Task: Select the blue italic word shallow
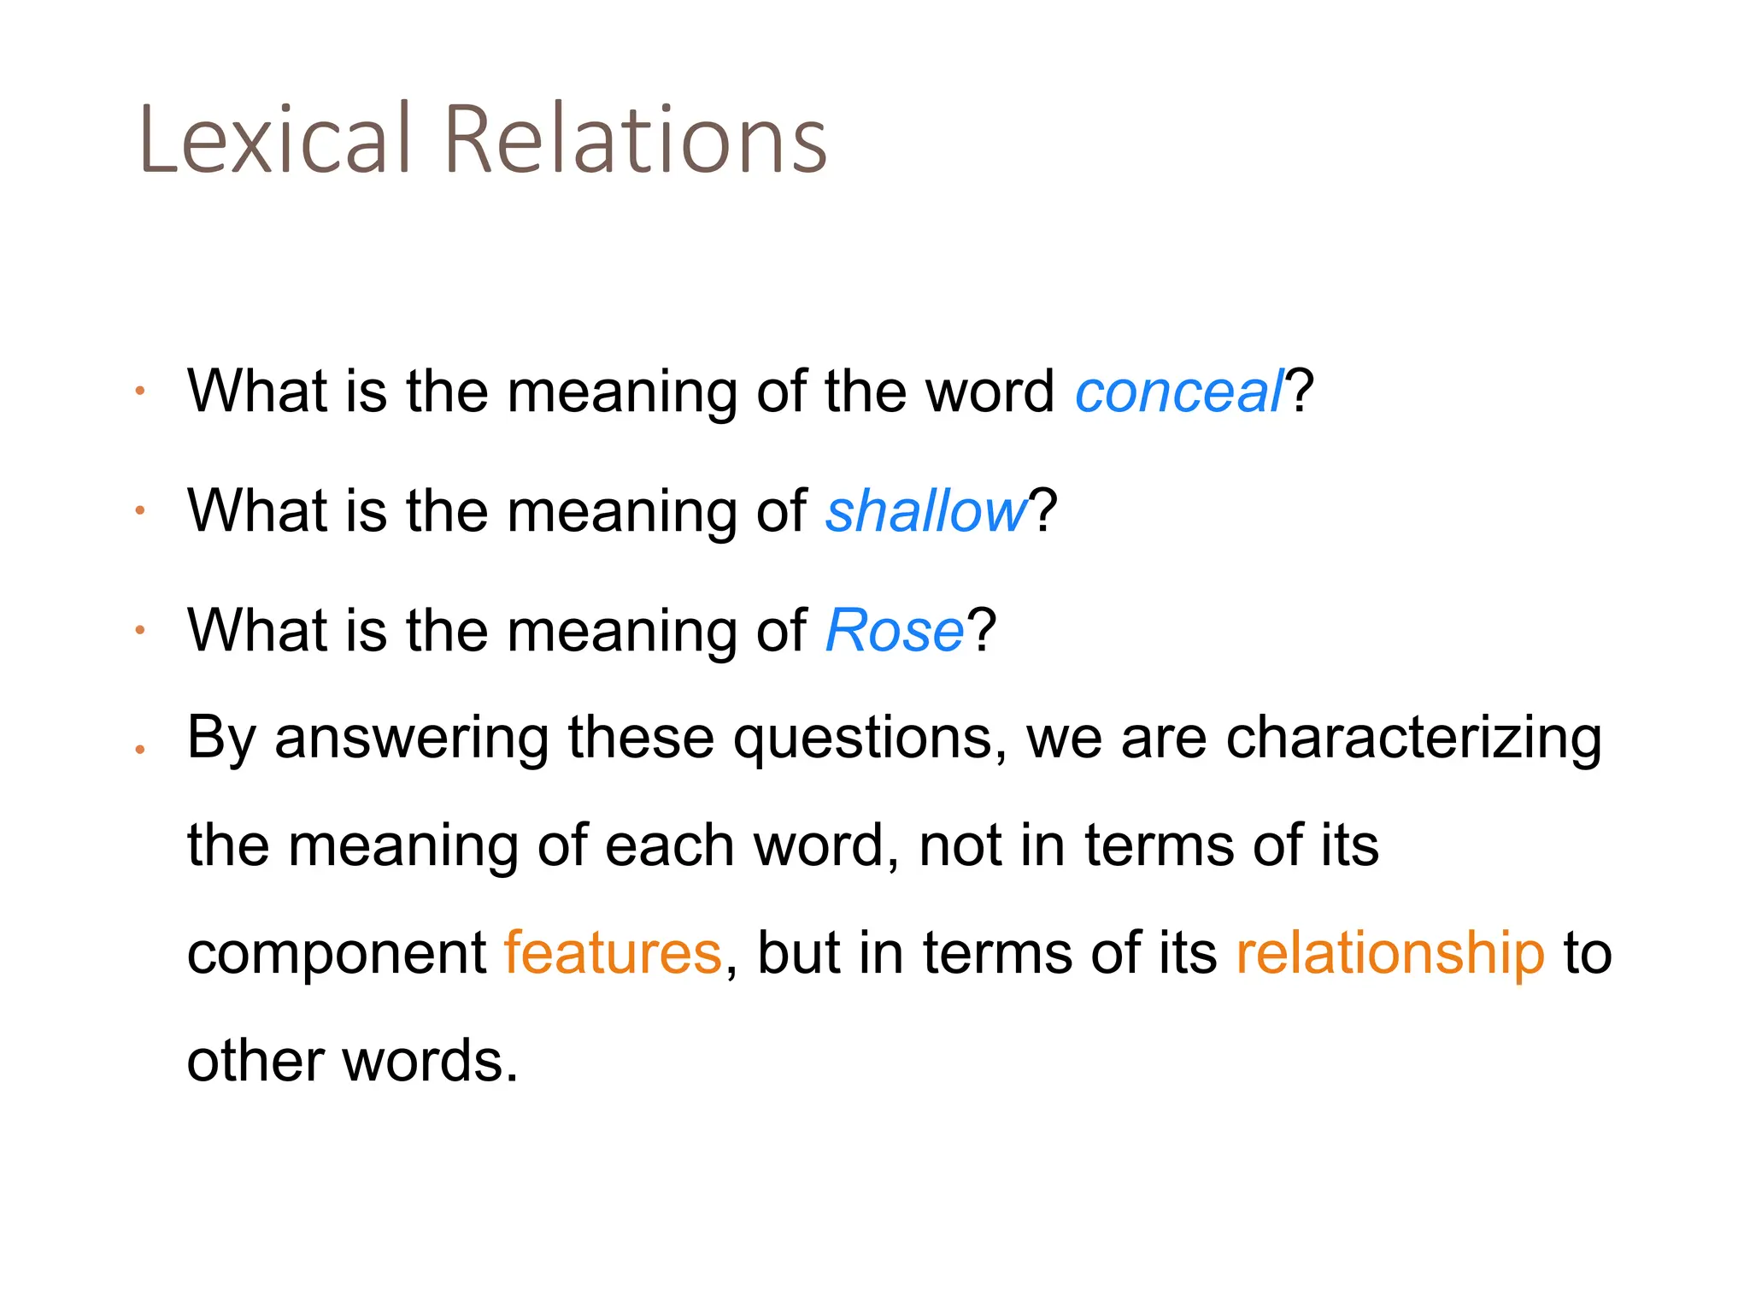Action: (926, 511)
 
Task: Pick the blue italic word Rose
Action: (895, 631)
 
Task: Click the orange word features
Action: (613, 952)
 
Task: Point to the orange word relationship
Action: (1390, 952)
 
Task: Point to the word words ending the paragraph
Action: (430, 1060)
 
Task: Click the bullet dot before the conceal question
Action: (140, 392)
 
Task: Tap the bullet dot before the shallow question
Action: (140, 511)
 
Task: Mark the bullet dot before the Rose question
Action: (140, 631)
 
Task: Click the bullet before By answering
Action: (140, 750)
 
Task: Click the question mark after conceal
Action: (1300, 392)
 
